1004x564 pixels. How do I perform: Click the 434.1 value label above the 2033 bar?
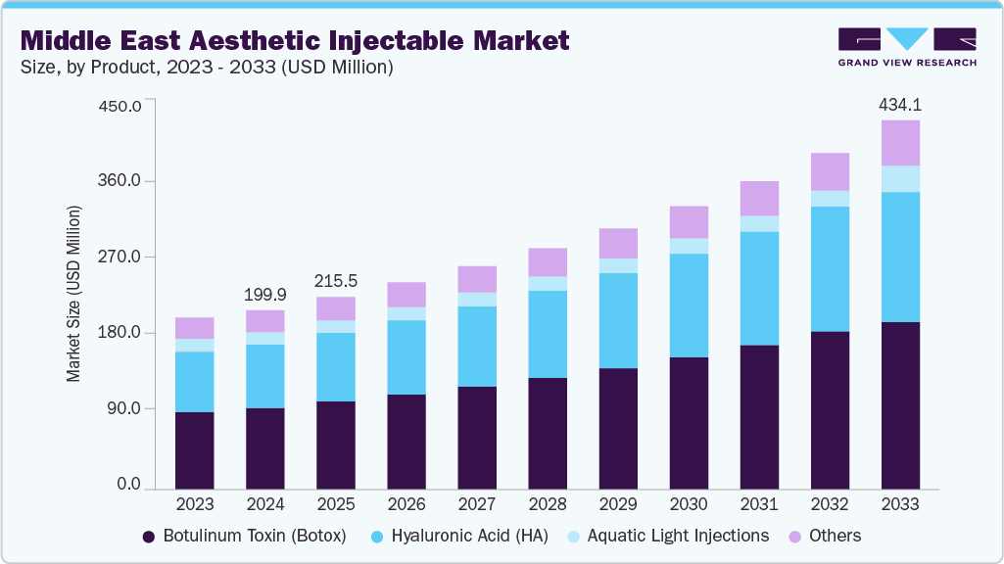(900, 105)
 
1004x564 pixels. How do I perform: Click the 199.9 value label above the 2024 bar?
(265, 295)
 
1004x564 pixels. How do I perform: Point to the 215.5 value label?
(336, 281)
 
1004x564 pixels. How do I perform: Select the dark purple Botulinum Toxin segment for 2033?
(900, 404)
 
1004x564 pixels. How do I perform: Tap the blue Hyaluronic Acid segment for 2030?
(689, 305)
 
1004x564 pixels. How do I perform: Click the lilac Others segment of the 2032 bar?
(830, 171)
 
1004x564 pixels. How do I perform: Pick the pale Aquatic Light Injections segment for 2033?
(900, 179)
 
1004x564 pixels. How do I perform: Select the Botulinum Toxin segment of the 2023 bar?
(195, 449)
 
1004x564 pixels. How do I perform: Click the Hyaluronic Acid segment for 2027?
(477, 347)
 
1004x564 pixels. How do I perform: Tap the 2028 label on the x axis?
(548, 504)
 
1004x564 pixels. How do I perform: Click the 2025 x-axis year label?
(336, 504)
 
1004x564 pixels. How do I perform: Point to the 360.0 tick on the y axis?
(122, 181)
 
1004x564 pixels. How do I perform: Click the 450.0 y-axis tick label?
(122, 105)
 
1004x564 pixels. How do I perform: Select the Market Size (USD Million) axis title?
(73, 294)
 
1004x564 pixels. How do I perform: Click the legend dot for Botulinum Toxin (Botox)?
(149, 537)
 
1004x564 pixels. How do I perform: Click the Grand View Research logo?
(906, 47)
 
